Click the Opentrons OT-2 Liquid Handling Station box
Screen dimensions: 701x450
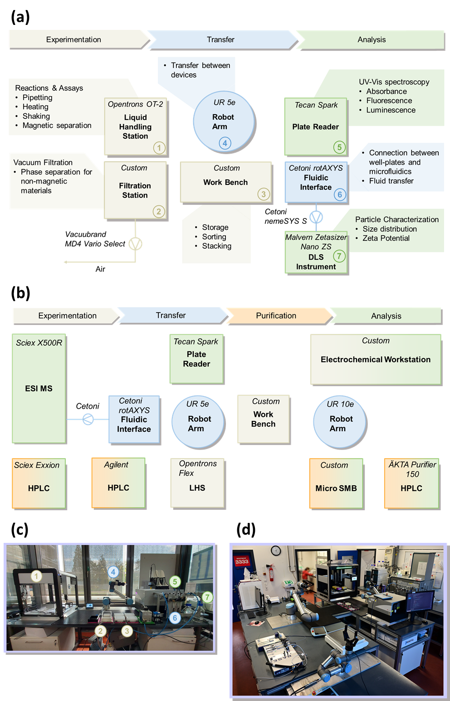click(136, 127)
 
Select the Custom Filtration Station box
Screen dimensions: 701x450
click(135, 190)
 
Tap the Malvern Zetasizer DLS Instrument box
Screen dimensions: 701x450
click(316, 252)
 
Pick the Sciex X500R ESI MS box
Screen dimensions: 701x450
click(39, 388)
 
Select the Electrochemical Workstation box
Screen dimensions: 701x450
click(376, 359)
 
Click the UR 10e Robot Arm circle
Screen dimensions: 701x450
click(340, 423)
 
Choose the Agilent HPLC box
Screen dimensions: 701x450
click(118, 483)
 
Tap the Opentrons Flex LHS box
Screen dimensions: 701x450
click(197, 483)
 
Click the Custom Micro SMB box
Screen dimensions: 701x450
click(336, 483)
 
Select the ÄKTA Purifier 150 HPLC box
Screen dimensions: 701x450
click(411, 483)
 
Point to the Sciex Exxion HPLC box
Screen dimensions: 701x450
click(39, 483)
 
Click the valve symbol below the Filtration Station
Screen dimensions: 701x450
click(135, 244)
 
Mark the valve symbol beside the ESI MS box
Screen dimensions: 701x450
click(88, 419)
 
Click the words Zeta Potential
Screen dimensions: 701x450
click(386, 238)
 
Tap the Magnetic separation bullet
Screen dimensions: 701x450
click(57, 126)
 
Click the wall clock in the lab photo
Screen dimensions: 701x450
click(275, 551)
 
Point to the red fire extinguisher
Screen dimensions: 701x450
click(271, 572)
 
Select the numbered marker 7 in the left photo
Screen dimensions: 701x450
click(207, 597)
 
